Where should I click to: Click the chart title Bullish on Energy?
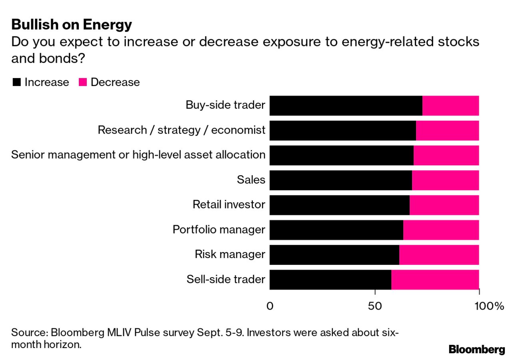tap(72, 25)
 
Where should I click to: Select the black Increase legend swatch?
tap(16, 82)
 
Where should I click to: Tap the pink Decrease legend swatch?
tap(83, 82)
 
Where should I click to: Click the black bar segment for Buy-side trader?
tap(346, 106)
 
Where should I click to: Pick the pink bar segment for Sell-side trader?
tap(435, 279)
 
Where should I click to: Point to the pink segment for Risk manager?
tap(439, 254)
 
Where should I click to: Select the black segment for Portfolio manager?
tap(336, 230)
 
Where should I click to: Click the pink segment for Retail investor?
tap(444, 205)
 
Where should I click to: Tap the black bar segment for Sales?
tap(340, 180)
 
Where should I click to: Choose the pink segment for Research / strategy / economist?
tap(447, 130)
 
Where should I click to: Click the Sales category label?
tap(251, 180)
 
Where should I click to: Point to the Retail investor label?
tap(229, 205)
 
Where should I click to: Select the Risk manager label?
tap(230, 254)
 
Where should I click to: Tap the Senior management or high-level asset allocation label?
tap(138, 155)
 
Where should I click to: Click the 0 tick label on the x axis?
tap(270, 306)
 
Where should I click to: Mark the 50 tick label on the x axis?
tap(375, 306)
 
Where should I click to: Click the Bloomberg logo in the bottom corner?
tap(477, 349)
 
